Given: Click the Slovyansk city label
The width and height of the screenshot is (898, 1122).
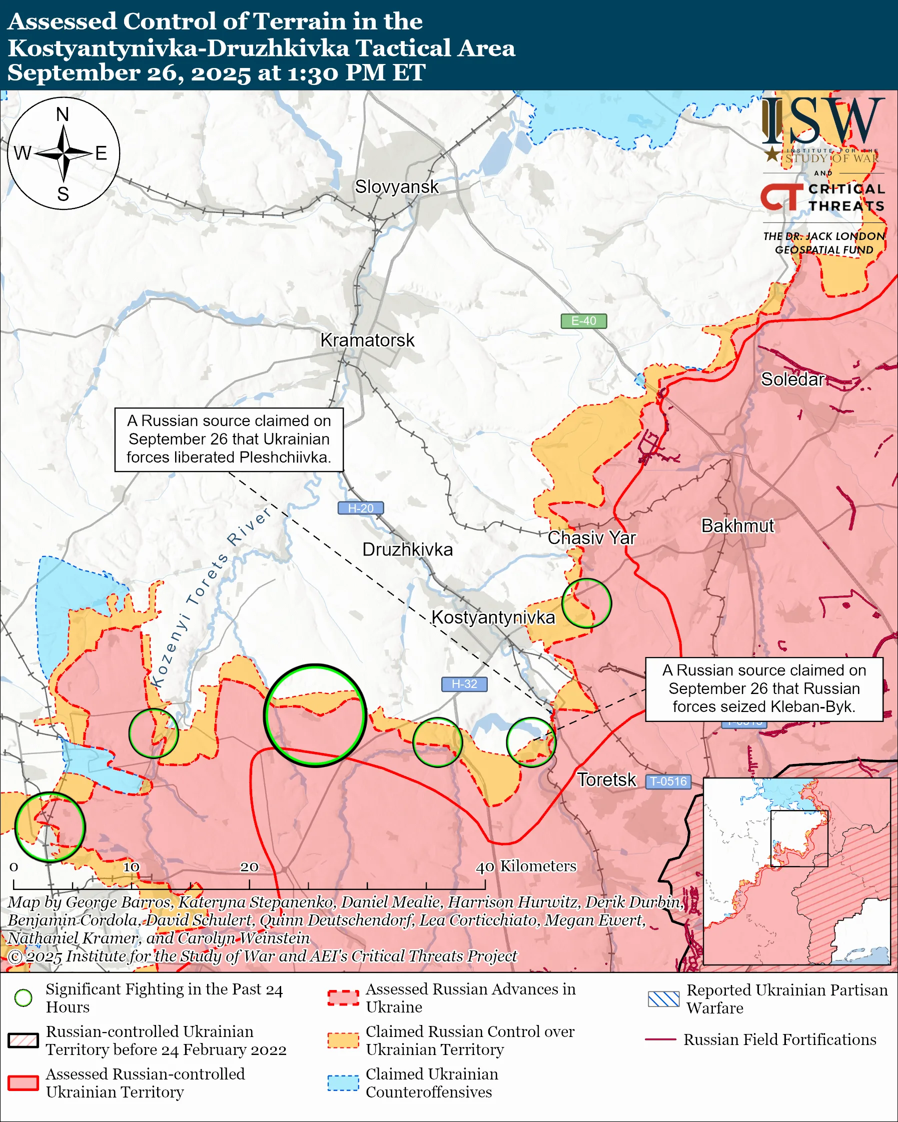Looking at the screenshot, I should [397, 187].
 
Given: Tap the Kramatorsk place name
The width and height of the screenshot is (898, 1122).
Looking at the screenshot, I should [367, 340].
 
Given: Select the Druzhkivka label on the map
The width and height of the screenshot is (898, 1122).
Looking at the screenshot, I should [407, 549].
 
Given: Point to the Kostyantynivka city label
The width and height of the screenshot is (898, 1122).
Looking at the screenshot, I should [493, 617].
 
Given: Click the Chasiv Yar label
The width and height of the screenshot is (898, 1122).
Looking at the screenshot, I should [591, 537].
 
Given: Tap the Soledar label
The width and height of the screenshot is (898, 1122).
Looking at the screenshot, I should [792, 379].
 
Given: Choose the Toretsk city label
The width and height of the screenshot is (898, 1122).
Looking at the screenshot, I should [606, 779].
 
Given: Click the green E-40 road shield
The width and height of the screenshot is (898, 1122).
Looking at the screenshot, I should [583, 321].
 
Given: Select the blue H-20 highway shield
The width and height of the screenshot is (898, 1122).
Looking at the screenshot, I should [360, 508].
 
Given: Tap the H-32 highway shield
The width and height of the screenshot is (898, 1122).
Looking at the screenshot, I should [464, 684].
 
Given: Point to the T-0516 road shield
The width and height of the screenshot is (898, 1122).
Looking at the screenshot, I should [668, 781].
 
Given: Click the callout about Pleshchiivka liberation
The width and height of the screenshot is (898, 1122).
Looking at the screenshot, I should [229, 439].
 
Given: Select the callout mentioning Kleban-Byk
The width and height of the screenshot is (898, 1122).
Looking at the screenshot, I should [764, 688].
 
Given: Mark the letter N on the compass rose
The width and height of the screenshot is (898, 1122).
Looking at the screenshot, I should [63, 114].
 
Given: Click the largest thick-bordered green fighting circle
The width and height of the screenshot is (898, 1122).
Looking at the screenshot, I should [315, 715].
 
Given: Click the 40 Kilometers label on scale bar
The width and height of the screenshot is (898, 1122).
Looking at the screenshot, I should [526, 866].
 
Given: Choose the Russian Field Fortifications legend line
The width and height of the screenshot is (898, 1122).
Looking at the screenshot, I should [660, 1039].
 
